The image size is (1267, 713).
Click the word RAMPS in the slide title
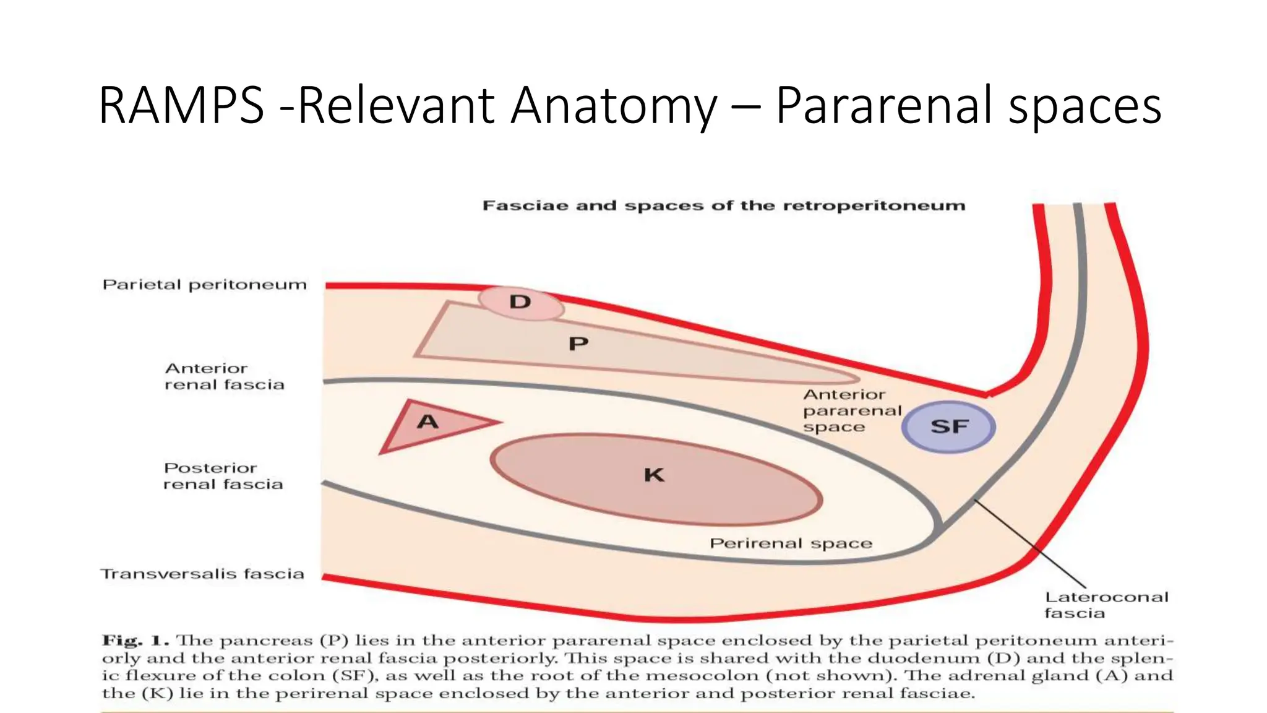(181, 106)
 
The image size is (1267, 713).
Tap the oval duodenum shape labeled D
(520, 303)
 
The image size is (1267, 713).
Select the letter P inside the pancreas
(578, 344)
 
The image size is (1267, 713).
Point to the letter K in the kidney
(654, 475)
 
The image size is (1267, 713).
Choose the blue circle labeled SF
(948, 426)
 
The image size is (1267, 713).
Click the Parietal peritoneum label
(205, 285)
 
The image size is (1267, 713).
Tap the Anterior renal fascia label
(224, 376)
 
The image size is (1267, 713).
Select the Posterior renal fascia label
(223, 476)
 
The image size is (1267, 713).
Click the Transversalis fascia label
(202, 574)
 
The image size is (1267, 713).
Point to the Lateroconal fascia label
(1106, 605)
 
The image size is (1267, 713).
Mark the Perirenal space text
(791, 543)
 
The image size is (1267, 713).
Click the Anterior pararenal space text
(852, 410)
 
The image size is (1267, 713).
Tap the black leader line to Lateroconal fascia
(1030, 543)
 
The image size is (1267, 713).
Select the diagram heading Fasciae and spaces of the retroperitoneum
(723, 205)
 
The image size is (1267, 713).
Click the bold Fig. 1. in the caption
(135, 640)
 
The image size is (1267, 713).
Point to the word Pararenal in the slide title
(887, 106)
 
